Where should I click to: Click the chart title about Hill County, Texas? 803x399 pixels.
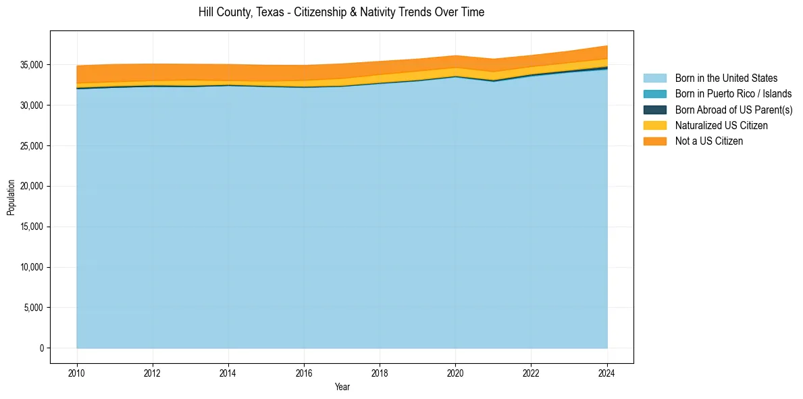pyautogui.click(x=341, y=12)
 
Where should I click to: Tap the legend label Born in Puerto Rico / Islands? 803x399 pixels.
pyautogui.click(x=733, y=94)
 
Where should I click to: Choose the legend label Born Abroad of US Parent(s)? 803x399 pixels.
pyautogui.click(x=733, y=110)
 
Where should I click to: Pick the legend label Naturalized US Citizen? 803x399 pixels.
pyautogui.click(x=721, y=125)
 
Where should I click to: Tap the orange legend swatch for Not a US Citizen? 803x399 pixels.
pyautogui.click(x=654, y=141)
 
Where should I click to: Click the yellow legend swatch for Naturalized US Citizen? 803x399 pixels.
pyautogui.click(x=654, y=125)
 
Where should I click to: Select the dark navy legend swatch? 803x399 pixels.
pyautogui.click(x=654, y=110)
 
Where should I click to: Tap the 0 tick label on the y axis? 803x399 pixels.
pyautogui.click(x=41, y=348)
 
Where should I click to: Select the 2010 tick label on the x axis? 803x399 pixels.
pyautogui.click(x=77, y=371)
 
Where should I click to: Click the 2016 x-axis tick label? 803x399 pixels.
pyautogui.click(x=304, y=371)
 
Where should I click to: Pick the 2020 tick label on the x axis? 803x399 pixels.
pyautogui.click(x=455, y=371)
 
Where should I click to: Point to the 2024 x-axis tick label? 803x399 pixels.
pyautogui.click(x=607, y=371)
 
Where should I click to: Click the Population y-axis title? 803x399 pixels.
pyautogui.click(x=10, y=197)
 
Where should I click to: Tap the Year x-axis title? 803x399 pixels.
pyautogui.click(x=342, y=387)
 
